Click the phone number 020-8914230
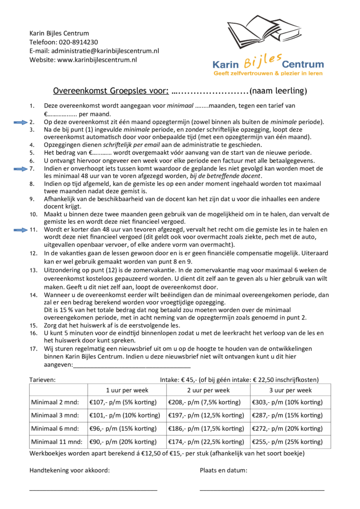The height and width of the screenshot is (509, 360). tap(78, 42)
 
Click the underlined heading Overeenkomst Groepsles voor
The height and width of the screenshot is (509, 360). tap(110, 91)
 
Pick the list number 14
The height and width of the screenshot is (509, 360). tap(33, 295)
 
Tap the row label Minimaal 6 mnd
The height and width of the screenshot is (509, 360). tap(55, 428)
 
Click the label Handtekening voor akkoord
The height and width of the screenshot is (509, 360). tap(70, 470)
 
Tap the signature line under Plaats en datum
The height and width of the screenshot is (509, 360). tap(262, 490)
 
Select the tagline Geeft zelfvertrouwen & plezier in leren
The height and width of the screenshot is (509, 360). tap(268, 73)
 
